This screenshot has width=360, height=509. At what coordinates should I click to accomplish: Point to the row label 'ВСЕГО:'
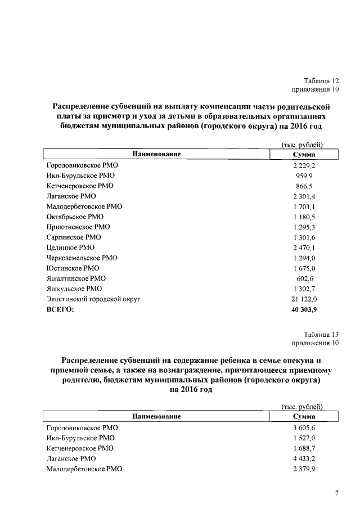[60, 309]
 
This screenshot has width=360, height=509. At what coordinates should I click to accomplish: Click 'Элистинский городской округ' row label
[93, 299]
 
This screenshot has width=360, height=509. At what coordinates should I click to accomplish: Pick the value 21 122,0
[304, 299]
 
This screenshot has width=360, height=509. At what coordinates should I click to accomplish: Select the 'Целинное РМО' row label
[70, 247]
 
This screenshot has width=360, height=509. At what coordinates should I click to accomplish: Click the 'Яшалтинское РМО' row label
[76, 278]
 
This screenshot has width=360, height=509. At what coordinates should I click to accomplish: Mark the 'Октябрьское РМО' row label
[75, 217]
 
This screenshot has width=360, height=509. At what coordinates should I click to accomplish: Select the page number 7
[336, 493]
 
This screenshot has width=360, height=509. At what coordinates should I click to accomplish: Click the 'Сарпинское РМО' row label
[74, 237]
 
